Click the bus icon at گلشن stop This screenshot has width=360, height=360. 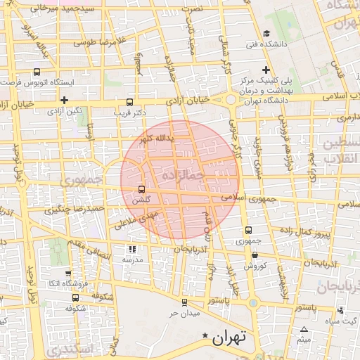142,189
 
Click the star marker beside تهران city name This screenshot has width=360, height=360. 205,335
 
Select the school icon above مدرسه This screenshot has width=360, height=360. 132,249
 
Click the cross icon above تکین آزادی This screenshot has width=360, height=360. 64,100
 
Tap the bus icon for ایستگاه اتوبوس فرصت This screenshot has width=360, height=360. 37,71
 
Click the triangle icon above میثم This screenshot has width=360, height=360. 304,330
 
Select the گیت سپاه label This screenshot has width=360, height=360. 337,321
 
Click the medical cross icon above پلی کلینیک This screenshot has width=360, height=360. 266,70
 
